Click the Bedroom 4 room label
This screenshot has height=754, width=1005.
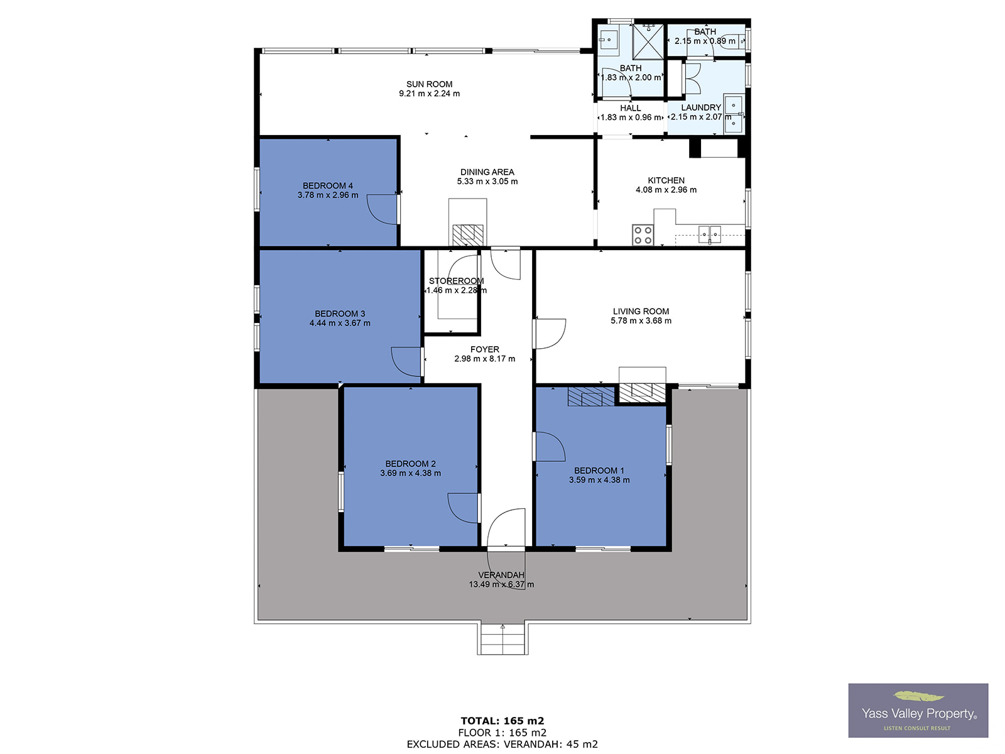click(327, 185)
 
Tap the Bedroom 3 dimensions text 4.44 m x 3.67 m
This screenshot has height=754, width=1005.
click(340, 323)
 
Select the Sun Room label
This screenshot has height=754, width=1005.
click(429, 84)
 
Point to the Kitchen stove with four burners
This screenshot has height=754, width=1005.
click(643, 235)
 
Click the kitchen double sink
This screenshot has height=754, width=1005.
click(709, 234)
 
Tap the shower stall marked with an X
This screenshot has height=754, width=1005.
click(648, 41)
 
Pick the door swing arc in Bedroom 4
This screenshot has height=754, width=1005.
click(381, 209)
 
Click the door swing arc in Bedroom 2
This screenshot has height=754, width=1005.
click(462, 508)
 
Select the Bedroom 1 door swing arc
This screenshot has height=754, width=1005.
click(550, 446)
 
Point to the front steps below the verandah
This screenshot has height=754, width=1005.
click(503, 638)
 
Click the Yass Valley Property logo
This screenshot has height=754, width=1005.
click(918, 711)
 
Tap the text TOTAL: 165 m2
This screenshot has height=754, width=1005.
click(503, 721)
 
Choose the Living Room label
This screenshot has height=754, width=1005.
click(641, 311)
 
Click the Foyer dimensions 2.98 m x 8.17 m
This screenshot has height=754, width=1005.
click(484, 358)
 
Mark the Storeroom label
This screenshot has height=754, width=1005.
click(456, 281)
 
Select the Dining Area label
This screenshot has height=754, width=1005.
click(487, 172)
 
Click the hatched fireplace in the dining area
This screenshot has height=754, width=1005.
click(467, 235)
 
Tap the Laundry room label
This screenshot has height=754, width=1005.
click(700, 107)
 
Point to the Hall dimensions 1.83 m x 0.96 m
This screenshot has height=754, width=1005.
click(631, 117)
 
